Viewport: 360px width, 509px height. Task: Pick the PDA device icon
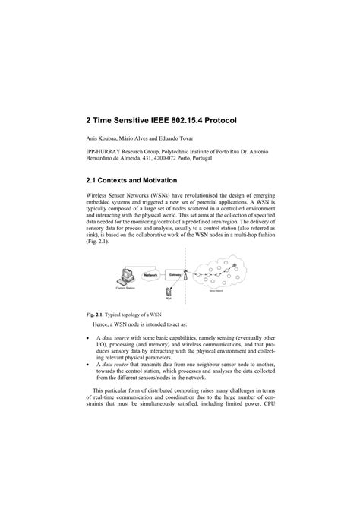170,290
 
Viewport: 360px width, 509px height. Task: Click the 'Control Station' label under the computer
125,289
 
